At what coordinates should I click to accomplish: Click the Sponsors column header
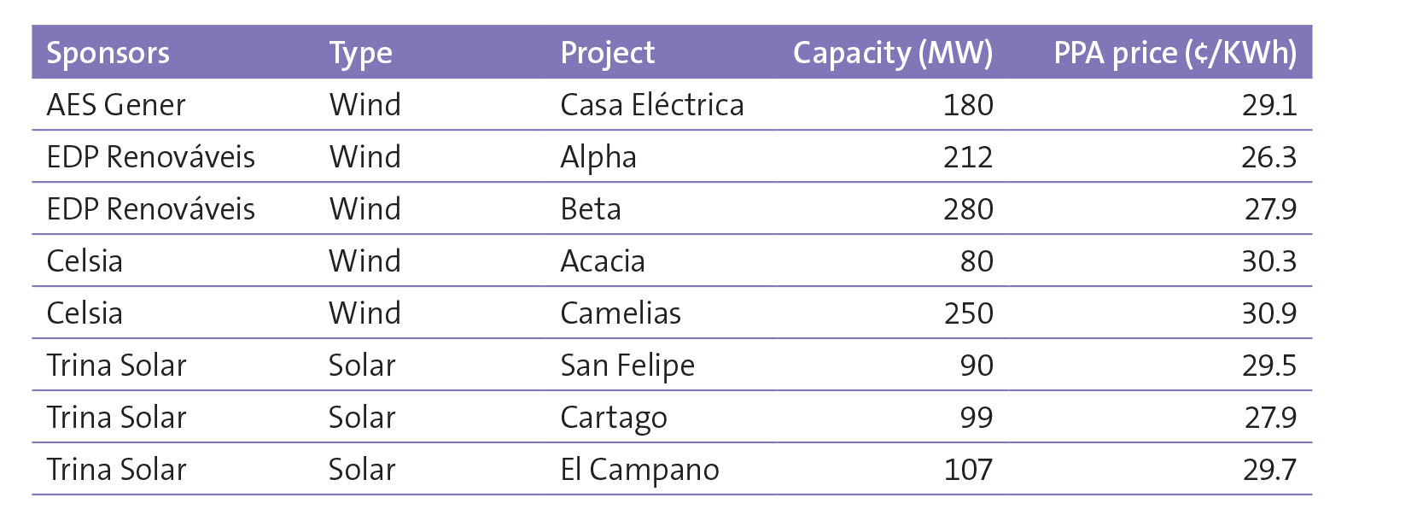click(x=108, y=53)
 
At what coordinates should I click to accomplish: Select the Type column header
click(x=360, y=53)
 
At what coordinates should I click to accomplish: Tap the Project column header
click(x=607, y=53)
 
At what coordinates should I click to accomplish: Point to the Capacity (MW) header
click(x=892, y=53)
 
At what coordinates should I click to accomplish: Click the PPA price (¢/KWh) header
click(x=1175, y=53)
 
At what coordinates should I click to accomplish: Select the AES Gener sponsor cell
click(x=115, y=105)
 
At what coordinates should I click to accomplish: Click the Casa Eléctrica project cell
click(x=651, y=105)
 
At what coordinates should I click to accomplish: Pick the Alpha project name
click(x=598, y=157)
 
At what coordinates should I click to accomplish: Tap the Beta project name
click(x=590, y=209)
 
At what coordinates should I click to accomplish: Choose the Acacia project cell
click(x=602, y=261)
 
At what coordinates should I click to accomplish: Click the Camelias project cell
click(x=620, y=313)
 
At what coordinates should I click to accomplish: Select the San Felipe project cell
click(x=627, y=366)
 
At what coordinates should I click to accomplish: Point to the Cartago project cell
click(x=613, y=418)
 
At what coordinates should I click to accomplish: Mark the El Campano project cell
click(x=639, y=470)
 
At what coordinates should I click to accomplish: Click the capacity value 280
click(x=968, y=209)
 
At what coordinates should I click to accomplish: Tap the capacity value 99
click(x=976, y=418)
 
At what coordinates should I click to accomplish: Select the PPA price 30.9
click(x=1268, y=313)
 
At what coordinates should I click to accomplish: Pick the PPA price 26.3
click(x=1268, y=157)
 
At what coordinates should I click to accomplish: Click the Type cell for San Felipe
click(x=362, y=366)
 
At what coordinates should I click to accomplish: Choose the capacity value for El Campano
click(x=968, y=470)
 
